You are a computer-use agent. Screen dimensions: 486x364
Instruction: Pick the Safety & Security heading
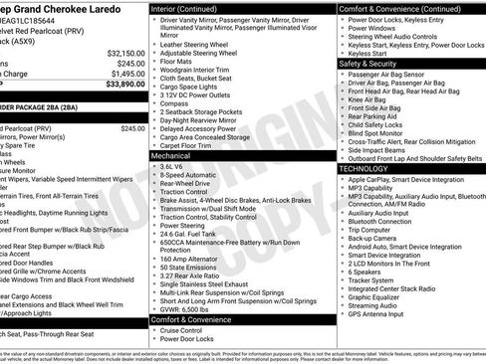[374, 63]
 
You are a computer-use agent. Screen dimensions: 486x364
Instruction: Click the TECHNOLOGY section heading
[368, 168]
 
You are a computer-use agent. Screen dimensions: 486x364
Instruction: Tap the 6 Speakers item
[366, 272]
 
